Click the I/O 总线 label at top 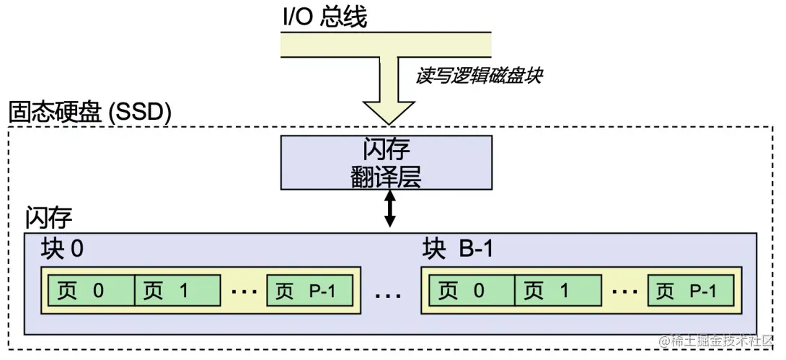click(x=324, y=16)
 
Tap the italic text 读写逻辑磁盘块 click(x=477, y=76)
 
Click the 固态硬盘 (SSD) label click(x=89, y=113)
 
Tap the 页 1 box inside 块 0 click(x=177, y=291)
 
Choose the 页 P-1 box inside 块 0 click(x=310, y=291)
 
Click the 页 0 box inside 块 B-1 click(x=469, y=291)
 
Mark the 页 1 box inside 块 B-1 click(x=556, y=291)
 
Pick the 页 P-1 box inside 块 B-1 click(x=690, y=291)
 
